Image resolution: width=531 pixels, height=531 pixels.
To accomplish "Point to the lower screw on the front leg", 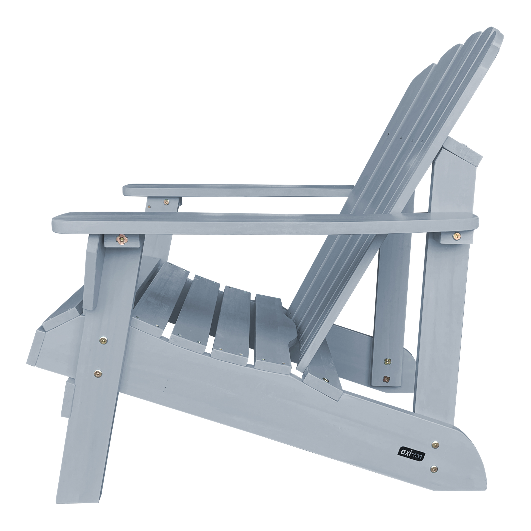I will tap(98, 373).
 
